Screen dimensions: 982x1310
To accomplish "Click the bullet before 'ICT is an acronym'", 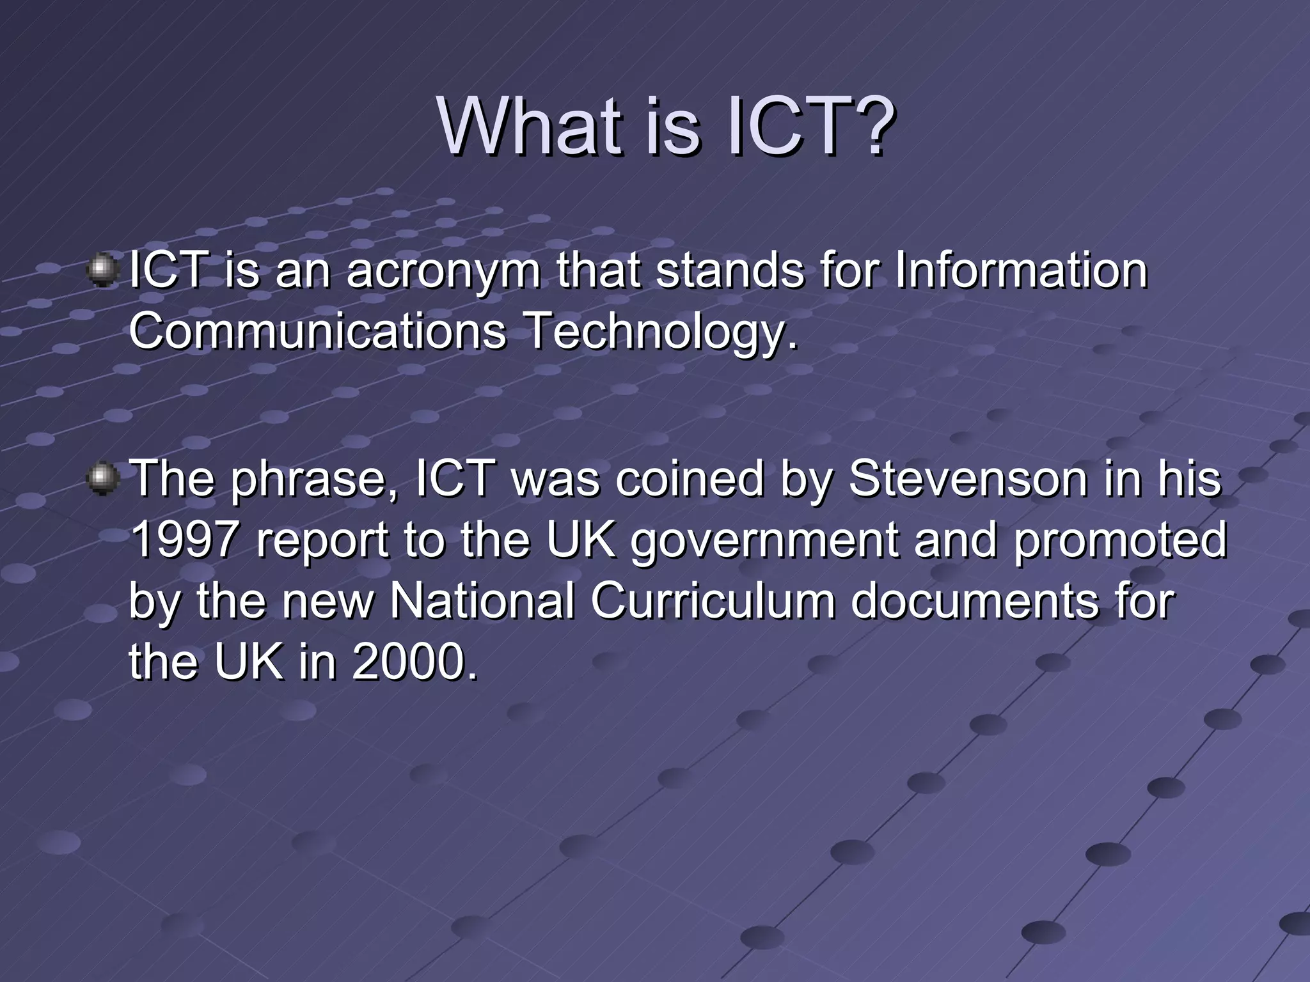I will tap(102, 270).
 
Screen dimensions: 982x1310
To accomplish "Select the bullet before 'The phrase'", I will tap(102, 479).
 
